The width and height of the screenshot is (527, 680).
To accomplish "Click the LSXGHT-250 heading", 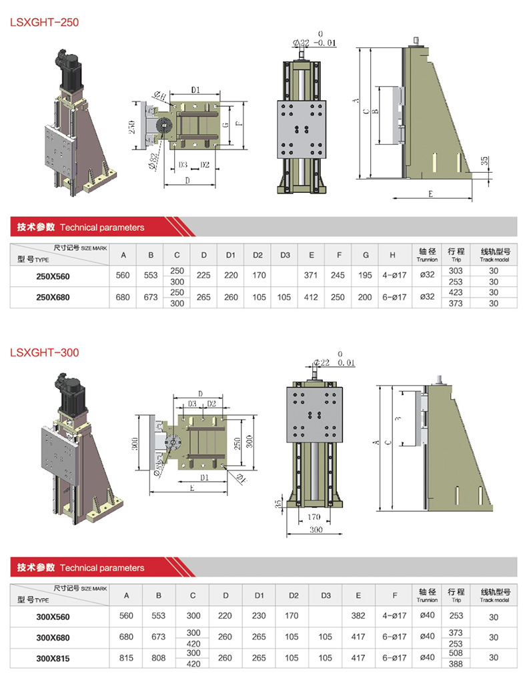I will click(44, 22).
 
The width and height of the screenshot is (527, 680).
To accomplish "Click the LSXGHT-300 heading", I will click(44, 352).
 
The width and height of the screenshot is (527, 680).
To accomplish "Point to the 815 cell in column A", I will click(127, 658).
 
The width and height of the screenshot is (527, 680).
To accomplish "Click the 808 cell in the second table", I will click(158, 658).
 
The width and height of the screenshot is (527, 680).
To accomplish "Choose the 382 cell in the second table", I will click(358, 617).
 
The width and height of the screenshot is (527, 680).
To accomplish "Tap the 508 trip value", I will click(456, 653).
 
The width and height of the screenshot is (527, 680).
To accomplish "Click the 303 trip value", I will click(456, 270).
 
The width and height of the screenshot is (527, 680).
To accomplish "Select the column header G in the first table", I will click(366, 255).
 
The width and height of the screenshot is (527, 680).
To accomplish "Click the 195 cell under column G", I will click(366, 275).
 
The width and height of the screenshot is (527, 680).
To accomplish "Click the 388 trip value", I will click(456, 663).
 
